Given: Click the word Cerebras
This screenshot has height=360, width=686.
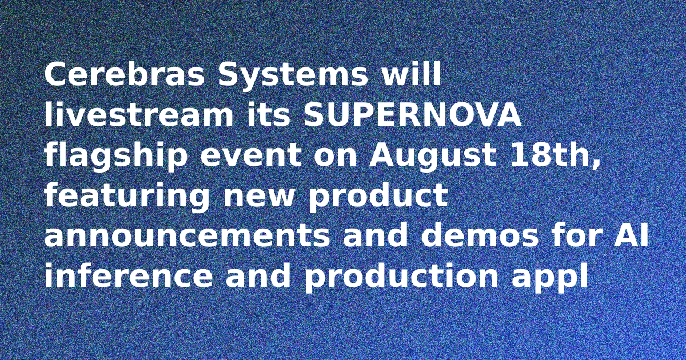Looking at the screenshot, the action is point(125,74).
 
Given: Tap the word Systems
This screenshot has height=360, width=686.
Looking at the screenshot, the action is point(293,77).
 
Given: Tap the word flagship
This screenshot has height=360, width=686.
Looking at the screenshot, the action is point(116,156).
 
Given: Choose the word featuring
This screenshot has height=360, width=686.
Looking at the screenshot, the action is point(127,197).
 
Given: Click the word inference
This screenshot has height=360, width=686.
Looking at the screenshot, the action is point(128,275).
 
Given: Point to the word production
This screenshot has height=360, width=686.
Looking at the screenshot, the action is point(401,277).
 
